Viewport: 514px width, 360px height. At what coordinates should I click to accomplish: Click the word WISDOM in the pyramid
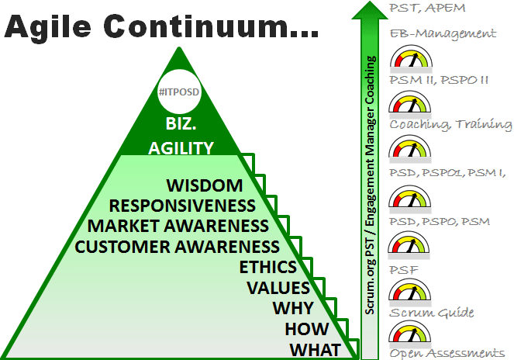point(205,185)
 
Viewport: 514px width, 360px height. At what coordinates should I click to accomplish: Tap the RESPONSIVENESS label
point(182,206)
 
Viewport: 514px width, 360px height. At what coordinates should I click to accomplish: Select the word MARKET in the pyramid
point(123,226)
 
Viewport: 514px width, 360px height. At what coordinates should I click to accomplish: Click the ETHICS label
point(267,267)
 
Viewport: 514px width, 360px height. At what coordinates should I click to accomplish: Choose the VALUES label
point(278,288)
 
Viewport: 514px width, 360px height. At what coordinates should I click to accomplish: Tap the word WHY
point(293,308)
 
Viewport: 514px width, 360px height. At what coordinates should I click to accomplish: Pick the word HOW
point(306,329)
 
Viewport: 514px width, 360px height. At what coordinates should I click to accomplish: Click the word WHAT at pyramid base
point(315,350)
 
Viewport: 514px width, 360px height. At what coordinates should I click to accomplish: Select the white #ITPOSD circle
point(179,92)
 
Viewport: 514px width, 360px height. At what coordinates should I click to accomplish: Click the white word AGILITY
point(181,148)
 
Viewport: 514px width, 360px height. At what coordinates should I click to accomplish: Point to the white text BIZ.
point(181,123)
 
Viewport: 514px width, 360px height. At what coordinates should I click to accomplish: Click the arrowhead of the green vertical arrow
point(370,12)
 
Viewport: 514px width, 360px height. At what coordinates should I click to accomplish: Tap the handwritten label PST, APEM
point(427,8)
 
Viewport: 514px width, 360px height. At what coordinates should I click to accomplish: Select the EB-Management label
point(443,34)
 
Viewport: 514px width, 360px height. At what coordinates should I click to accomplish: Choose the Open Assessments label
point(447,353)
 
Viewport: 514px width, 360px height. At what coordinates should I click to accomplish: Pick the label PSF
point(404,270)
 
